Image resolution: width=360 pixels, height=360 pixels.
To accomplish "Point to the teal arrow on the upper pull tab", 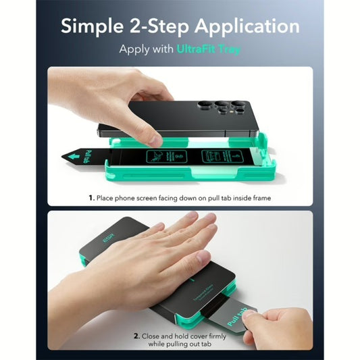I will [71, 157].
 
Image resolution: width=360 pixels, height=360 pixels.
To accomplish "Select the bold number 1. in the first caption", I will [91, 198].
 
